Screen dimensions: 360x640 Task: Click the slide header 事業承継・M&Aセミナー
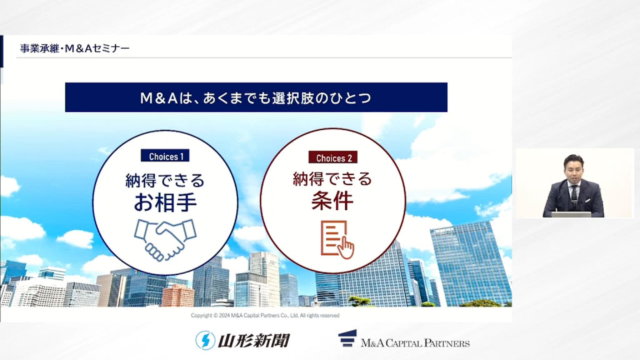coord(75,47)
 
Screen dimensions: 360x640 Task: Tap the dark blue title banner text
coord(256,97)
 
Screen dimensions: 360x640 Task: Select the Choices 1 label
coord(166,156)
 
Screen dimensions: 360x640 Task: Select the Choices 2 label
coord(333,158)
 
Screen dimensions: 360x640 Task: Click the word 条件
coord(332,201)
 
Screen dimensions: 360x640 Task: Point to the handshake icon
coord(165,237)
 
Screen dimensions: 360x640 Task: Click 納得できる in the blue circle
coord(165,180)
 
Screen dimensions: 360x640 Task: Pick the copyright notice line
coord(265,316)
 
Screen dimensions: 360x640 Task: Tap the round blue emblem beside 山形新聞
coord(205,340)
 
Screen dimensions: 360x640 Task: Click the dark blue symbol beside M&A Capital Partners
coord(347,339)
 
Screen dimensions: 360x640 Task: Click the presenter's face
coord(573,169)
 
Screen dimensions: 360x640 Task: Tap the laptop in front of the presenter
coord(571,214)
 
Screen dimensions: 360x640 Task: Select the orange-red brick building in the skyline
coord(178,295)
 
